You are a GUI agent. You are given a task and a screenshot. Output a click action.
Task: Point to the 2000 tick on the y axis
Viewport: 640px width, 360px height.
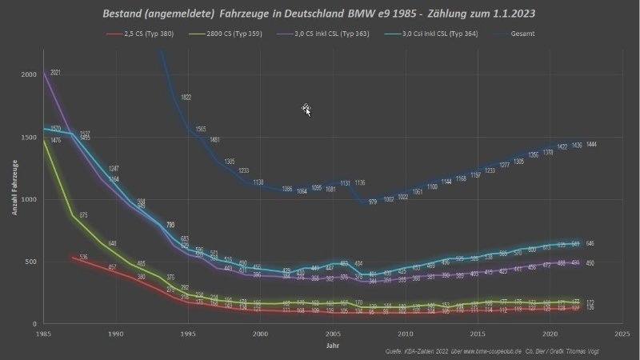pyautogui.click(x=29, y=74)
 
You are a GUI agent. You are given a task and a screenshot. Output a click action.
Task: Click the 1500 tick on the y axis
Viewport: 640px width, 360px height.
pyautogui.click(x=29, y=137)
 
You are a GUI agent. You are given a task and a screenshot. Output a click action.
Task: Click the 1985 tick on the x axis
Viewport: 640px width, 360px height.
pyautogui.click(x=44, y=334)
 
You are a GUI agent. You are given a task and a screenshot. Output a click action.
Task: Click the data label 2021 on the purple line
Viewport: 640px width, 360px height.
pyautogui.click(x=55, y=73)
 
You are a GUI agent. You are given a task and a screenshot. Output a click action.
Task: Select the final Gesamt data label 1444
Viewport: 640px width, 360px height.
pyautogui.click(x=593, y=145)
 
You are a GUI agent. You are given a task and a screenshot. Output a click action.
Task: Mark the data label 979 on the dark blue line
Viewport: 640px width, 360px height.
pyautogui.click(x=373, y=202)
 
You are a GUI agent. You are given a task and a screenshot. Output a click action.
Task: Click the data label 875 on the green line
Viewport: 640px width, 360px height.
pyautogui.click(x=84, y=214)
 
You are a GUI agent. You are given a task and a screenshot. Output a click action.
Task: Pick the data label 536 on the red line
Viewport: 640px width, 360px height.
pyautogui.click(x=83, y=257)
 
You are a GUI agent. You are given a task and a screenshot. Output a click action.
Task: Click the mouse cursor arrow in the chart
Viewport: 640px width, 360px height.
pyautogui.click(x=306, y=110)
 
